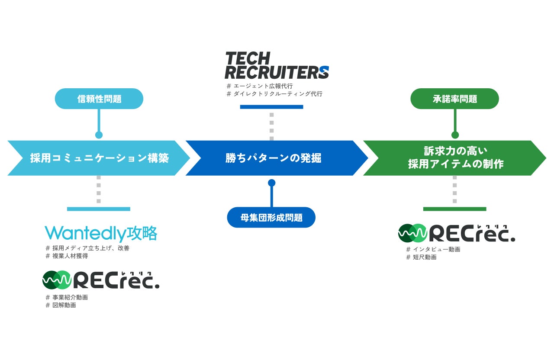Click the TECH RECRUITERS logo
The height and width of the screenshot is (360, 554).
(x=277, y=65)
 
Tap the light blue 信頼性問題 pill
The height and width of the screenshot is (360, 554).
(x=99, y=99)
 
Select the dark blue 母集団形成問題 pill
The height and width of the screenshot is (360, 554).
(x=271, y=217)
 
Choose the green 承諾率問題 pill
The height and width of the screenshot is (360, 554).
(x=454, y=99)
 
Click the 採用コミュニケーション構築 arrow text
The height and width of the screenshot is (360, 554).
(x=99, y=158)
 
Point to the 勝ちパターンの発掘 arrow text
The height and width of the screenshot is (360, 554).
(x=273, y=158)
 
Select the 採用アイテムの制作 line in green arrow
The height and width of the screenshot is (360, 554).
(x=456, y=164)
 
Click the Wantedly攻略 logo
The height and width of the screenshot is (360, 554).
(x=101, y=234)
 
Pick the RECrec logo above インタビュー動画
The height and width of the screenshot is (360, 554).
(x=457, y=234)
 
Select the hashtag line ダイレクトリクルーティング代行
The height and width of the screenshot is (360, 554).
(x=274, y=94)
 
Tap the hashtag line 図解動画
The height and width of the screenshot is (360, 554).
(x=63, y=305)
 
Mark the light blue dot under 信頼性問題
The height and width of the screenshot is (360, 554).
(x=99, y=135)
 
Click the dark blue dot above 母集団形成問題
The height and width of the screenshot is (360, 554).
(x=271, y=183)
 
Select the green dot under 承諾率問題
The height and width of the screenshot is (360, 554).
(x=455, y=135)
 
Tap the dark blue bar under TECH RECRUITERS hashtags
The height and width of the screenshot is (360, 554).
(x=271, y=107)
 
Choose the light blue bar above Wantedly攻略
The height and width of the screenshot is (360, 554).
(x=99, y=209)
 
